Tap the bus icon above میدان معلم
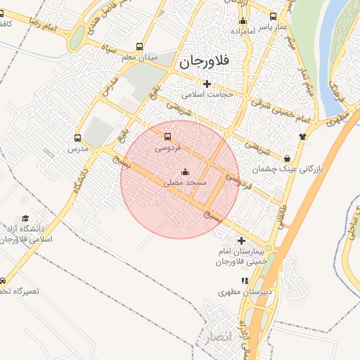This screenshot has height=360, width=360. coord(147,44)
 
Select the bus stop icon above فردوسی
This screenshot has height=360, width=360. coord(167,137)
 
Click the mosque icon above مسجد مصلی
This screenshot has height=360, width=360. coord(185,172)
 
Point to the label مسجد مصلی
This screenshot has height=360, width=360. coord(185,182)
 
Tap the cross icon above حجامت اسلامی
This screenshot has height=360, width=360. coord(206,84)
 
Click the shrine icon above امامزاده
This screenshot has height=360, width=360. coord(243,21)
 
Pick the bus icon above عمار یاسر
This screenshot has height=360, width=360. coord(274,15)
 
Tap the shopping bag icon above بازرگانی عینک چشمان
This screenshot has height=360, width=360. coord(289,158)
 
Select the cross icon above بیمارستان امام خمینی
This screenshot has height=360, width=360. coord(241,241)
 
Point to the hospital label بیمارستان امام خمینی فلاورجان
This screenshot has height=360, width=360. coord(241,257)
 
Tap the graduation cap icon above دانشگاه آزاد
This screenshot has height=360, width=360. coord(26,219)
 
